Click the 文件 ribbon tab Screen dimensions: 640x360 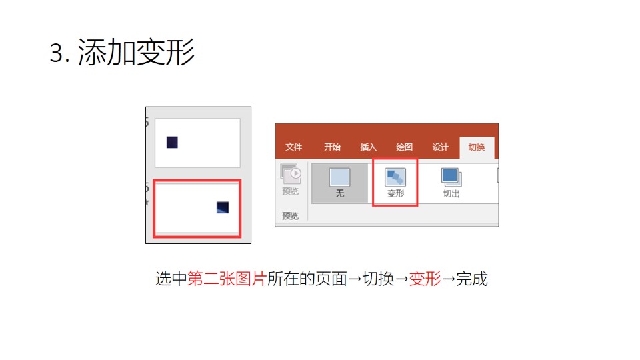[x=293, y=147]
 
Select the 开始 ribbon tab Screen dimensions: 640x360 [x=332, y=147]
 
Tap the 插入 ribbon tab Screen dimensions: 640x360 [x=368, y=147]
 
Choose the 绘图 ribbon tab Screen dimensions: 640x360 [x=404, y=147]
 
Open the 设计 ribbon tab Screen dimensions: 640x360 [x=441, y=147]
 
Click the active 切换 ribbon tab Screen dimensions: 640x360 [x=476, y=147]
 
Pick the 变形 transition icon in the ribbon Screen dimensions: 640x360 [x=395, y=177]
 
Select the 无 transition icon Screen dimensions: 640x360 [x=339, y=177]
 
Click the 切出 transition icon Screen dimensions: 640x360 [x=451, y=177]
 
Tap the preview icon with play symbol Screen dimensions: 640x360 [x=291, y=174]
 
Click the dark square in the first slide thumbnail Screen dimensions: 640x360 [x=172, y=143]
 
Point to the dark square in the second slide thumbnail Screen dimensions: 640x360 [x=223, y=207]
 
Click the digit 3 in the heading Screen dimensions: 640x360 [x=56, y=53]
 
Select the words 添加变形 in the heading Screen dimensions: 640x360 [x=136, y=52]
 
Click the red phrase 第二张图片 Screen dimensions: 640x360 [x=227, y=279]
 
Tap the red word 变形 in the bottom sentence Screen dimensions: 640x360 [x=425, y=279]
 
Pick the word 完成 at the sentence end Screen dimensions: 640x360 [x=472, y=279]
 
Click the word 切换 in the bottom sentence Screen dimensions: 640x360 [x=379, y=279]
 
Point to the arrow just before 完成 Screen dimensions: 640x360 [x=449, y=279]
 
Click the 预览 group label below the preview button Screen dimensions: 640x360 [x=290, y=215]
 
